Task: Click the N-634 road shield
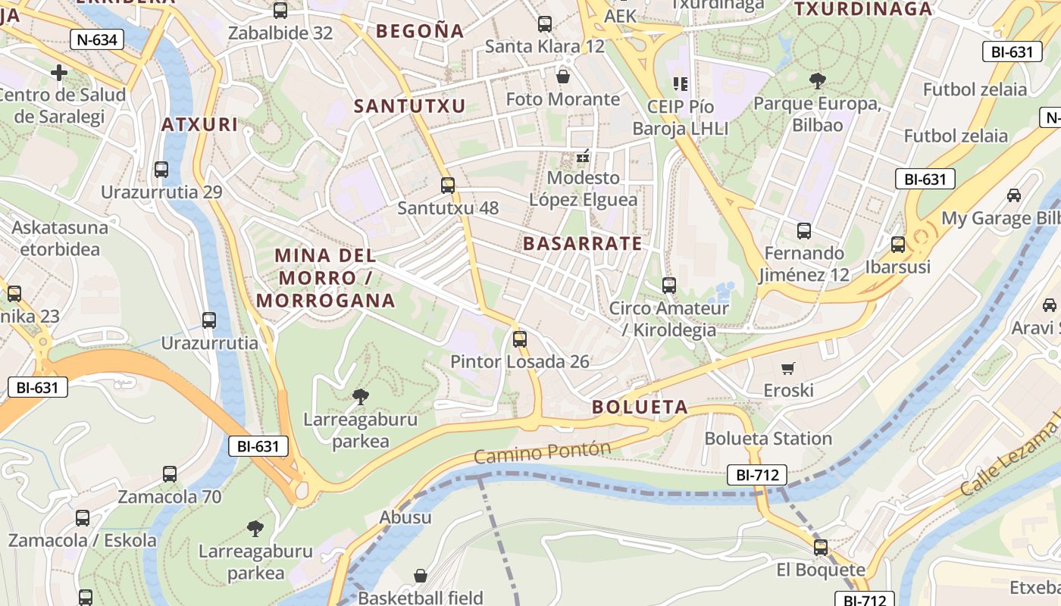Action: click(x=97, y=39)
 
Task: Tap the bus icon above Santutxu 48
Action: click(x=448, y=185)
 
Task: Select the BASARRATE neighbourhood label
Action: click(x=582, y=244)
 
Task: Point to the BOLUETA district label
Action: click(x=640, y=408)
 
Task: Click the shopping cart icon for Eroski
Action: click(x=788, y=368)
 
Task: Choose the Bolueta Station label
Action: click(x=768, y=439)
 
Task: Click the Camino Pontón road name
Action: click(x=542, y=452)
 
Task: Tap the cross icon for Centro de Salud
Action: click(x=59, y=73)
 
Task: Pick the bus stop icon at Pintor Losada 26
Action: click(x=519, y=339)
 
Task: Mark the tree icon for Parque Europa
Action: click(x=817, y=80)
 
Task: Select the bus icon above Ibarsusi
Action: click(x=898, y=245)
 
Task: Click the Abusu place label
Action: click(x=405, y=517)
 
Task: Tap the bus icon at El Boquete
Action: click(x=821, y=547)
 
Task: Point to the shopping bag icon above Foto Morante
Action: click(x=562, y=76)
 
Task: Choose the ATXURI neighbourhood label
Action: click(x=200, y=125)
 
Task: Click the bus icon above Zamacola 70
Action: click(x=170, y=474)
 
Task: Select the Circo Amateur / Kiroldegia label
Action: click(x=668, y=319)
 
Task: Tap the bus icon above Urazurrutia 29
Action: click(x=161, y=169)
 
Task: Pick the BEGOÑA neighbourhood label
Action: click(x=420, y=31)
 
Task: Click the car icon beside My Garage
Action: click(x=1014, y=195)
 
